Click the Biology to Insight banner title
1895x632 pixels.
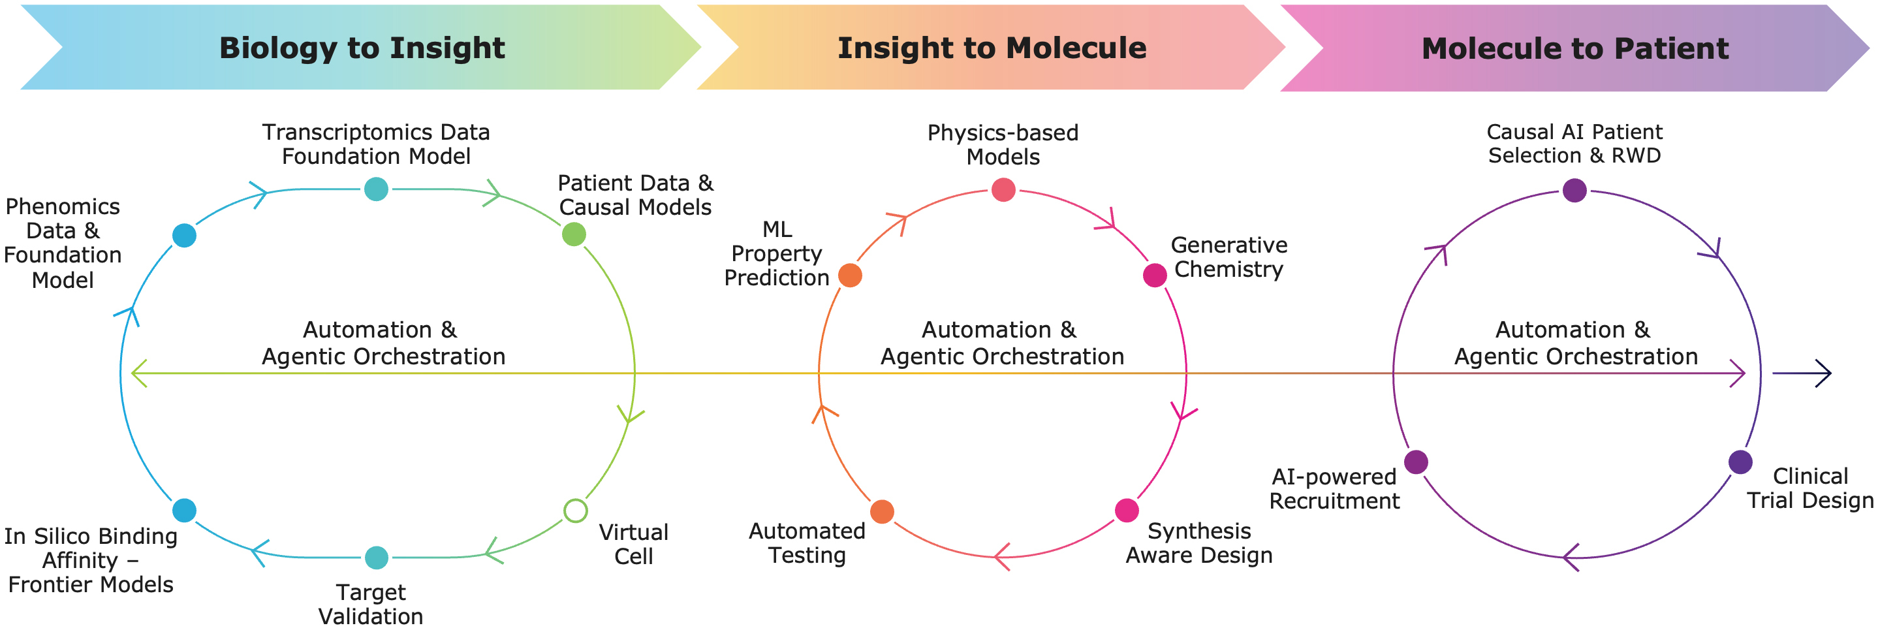click(x=362, y=48)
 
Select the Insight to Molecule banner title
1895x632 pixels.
click(x=992, y=48)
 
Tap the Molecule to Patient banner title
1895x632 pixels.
click(x=1575, y=48)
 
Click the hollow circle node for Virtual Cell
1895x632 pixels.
click(x=575, y=510)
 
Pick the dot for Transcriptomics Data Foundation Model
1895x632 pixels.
click(x=376, y=189)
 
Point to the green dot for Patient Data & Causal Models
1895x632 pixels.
click(x=574, y=234)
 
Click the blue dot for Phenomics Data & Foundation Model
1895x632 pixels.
click(x=184, y=236)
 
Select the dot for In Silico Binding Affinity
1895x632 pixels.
click(x=184, y=510)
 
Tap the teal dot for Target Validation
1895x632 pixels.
click(x=377, y=557)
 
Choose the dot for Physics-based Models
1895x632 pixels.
click(x=1003, y=190)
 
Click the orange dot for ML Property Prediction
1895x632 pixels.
click(x=851, y=275)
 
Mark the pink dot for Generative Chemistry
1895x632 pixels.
click(x=1155, y=275)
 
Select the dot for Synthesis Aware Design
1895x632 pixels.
click(x=1127, y=510)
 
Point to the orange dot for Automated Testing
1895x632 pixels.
click(x=882, y=511)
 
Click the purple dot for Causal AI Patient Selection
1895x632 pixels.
click(x=1574, y=190)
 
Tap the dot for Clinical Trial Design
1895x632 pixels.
click(x=1740, y=462)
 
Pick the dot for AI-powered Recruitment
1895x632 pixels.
click(x=1416, y=462)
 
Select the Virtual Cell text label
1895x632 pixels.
click(x=633, y=544)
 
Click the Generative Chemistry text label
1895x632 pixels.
click(x=1229, y=257)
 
